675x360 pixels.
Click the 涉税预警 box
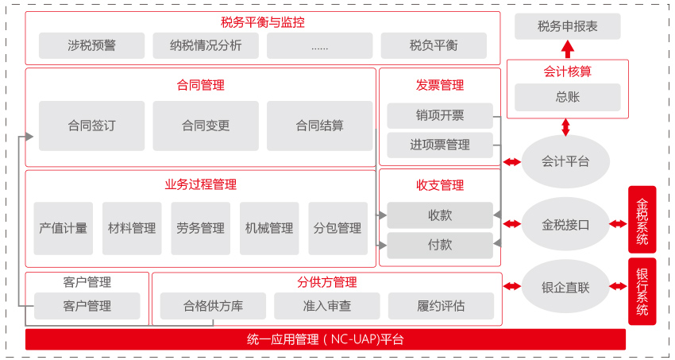tap(91, 45)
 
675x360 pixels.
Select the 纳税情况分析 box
tap(206, 45)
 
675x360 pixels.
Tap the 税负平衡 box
tap(434, 45)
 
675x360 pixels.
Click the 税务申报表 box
tap(567, 26)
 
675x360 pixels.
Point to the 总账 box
tap(567, 97)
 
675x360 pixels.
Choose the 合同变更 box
tap(206, 126)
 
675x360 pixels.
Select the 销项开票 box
tap(440, 116)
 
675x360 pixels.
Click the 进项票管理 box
tap(440, 145)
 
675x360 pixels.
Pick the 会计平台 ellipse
tap(565, 161)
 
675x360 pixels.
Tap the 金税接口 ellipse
tap(565, 224)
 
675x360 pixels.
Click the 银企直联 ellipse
tap(565, 286)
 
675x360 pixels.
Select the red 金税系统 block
tap(642, 219)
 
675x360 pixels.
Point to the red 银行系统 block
tap(642, 292)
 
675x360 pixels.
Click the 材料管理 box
tap(132, 228)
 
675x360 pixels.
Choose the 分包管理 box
tap(338, 228)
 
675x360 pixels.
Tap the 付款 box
tap(440, 246)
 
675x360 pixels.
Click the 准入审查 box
tap(326, 306)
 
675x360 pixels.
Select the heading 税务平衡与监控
tap(263, 22)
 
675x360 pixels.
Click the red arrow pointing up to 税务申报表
tap(568, 49)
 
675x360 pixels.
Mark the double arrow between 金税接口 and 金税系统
tap(618, 224)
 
